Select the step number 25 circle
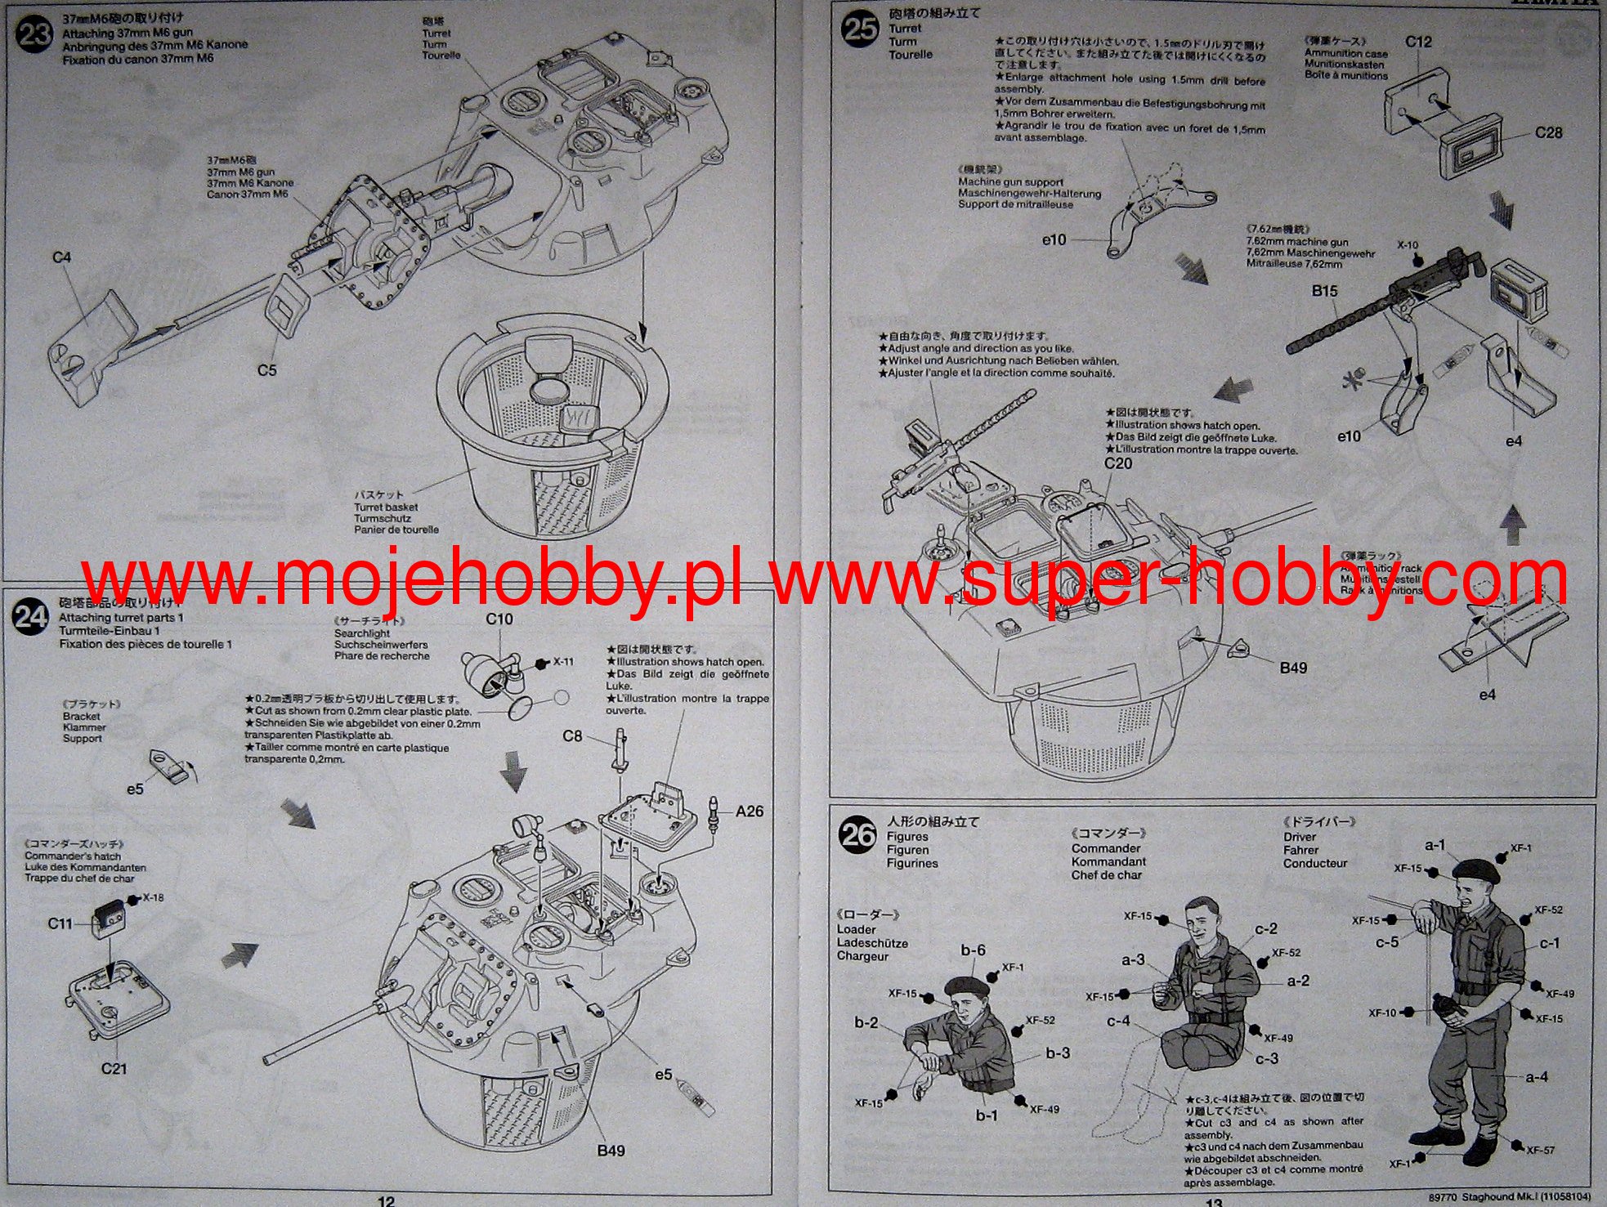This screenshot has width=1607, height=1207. [861, 30]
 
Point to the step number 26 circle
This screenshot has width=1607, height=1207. [857, 834]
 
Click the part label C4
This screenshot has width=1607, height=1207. [62, 257]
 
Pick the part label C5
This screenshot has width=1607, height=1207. [267, 370]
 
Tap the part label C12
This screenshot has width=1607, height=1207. [1418, 42]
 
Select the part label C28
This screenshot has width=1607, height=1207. [1548, 132]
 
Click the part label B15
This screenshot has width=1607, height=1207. [1324, 291]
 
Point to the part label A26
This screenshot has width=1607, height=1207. [749, 811]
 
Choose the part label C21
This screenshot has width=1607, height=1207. [114, 1069]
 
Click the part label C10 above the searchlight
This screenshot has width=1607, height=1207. [499, 619]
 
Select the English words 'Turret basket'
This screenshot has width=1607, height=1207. [386, 507]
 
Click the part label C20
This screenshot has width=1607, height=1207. [1118, 463]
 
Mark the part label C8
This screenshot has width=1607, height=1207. [572, 736]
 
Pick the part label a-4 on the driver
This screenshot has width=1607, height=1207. [1536, 1077]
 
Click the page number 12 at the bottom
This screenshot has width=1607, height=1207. [386, 1200]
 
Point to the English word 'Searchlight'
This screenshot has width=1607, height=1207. [362, 633]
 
